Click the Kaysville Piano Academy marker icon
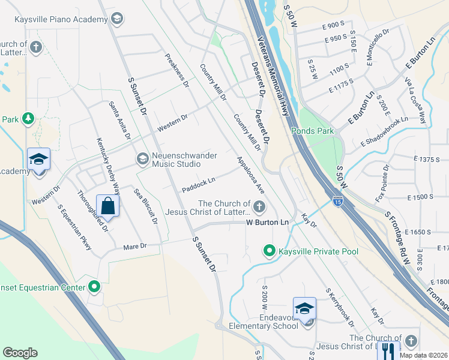tap(117, 19)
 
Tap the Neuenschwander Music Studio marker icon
tap(143, 158)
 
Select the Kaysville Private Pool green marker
tap(270, 251)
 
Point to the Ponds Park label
tap(312, 130)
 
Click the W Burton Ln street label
tap(268, 223)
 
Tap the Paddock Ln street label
tap(199, 184)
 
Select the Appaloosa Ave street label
tap(250, 175)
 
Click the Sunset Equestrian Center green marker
tap(94, 287)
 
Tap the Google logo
tap(20, 353)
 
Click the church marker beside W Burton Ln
tap(259, 208)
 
